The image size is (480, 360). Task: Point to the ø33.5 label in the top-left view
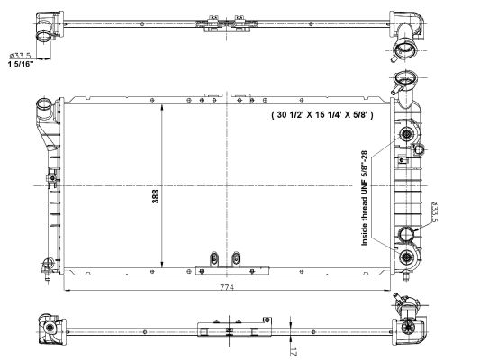20,56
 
